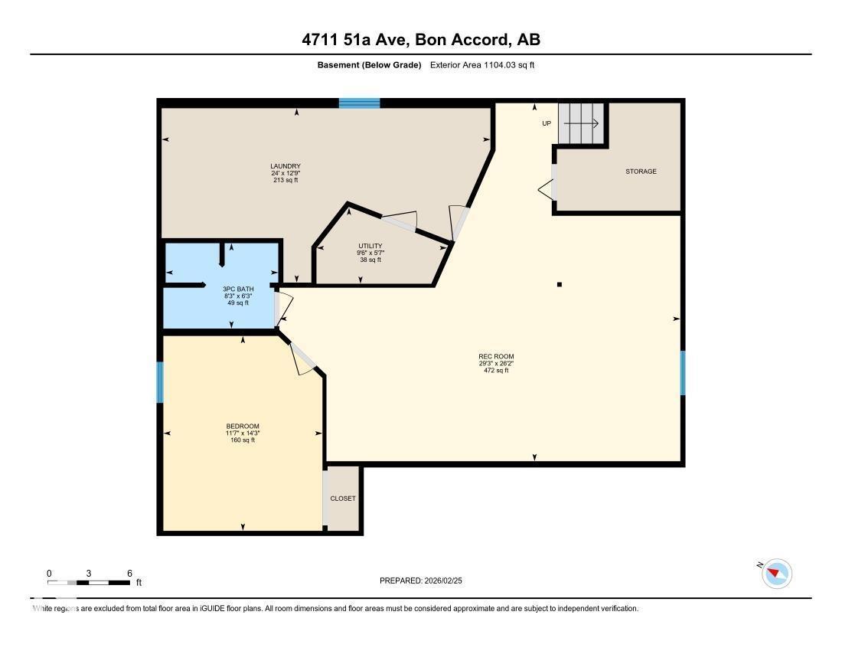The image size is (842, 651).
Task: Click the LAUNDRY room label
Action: click(285, 166)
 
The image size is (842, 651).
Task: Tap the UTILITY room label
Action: click(370, 246)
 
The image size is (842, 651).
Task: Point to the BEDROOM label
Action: click(242, 427)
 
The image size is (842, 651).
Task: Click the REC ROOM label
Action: click(496, 356)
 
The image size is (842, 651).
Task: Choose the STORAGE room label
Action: click(641, 172)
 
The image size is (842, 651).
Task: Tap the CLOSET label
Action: click(343, 499)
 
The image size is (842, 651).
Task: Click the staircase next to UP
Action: click(581, 123)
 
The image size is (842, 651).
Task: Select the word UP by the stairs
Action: click(547, 123)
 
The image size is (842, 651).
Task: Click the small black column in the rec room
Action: click(560, 285)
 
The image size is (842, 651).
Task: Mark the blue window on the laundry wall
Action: click(360, 103)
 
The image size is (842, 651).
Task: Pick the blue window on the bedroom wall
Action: click(160, 382)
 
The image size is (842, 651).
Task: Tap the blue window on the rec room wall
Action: click(682, 373)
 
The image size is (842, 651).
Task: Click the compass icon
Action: click(777, 573)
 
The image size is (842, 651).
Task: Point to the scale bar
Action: click(89, 583)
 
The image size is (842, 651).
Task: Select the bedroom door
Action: click(304, 359)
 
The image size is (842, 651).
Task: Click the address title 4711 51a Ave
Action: click(421, 40)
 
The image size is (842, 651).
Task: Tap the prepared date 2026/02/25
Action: click(421, 581)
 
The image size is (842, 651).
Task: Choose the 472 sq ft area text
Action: click(496, 371)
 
